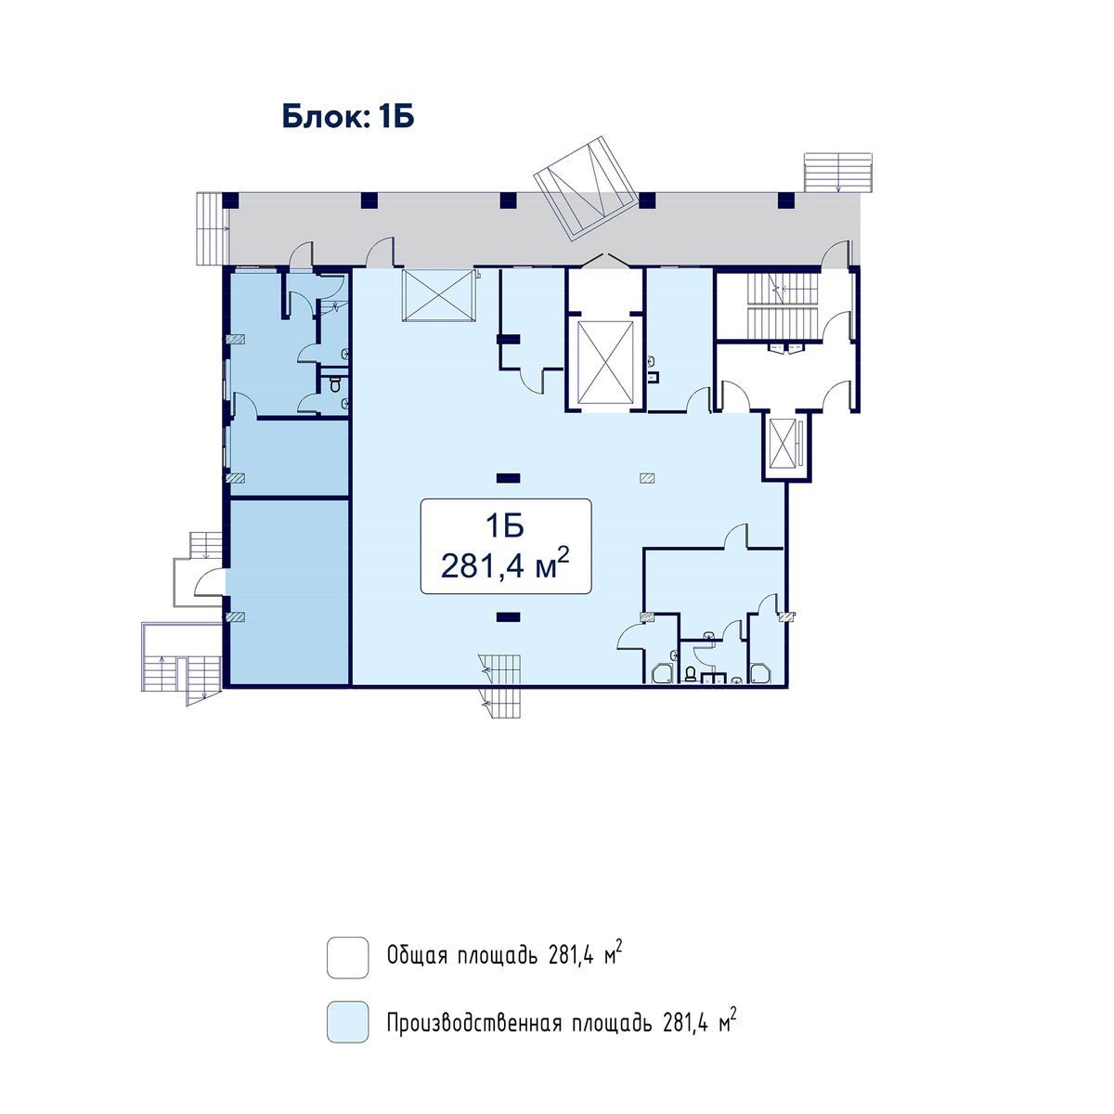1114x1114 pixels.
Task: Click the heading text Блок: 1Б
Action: (x=348, y=117)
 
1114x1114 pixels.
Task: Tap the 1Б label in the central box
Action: (x=505, y=526)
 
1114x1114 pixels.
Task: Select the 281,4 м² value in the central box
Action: (x=505, y=564)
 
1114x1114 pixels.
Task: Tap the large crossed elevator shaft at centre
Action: (x=606, y=362)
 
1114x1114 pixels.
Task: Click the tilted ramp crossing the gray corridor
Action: (x=586, y=188)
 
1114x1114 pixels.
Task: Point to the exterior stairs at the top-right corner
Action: (x=837, y=172)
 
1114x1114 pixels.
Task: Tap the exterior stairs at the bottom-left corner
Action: (x=181, y=663)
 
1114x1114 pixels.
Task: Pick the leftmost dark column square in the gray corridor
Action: (x=230, y=200)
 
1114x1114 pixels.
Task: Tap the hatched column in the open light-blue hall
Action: (x=647, y=477)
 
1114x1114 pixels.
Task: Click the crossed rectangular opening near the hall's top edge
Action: (x=439, y=295)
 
